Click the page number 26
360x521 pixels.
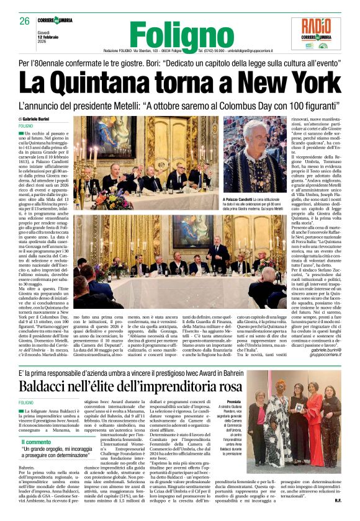coord(24,21)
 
